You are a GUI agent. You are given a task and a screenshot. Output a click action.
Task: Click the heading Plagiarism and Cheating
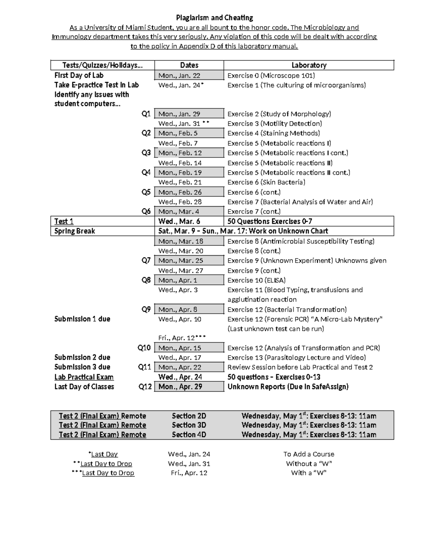[x=214, y=18]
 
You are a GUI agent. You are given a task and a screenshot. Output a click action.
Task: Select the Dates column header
[x=189, y=65]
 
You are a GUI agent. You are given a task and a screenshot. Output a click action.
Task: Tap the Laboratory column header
[x=309, y=65]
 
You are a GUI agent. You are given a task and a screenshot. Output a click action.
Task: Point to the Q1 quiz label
[x=146, y=114]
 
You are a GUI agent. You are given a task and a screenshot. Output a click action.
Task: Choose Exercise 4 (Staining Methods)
[x=273, y=133]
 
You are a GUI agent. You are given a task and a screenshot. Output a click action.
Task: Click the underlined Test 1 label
[x=64, y=221]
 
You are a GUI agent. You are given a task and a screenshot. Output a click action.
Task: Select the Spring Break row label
[x=74, y=231]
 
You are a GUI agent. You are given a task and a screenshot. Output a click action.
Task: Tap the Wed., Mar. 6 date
[x=179, y=221]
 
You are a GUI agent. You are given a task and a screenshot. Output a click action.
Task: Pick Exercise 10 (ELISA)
[x=256, y=280]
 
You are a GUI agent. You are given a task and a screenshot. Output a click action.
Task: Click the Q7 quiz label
[x=146, y=260]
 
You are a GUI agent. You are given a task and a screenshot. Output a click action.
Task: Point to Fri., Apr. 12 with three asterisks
[x=182, y=338]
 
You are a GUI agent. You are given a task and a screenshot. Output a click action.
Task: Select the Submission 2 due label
[x=82, y=357]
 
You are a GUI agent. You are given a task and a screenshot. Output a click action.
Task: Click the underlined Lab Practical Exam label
[x=84, y=377]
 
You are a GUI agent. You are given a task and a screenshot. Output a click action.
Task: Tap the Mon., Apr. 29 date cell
[x=180, y=387]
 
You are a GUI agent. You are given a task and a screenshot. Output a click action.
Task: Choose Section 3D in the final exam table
[x=189, y=425]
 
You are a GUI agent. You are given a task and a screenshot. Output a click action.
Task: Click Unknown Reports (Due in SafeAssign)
[x=288, y=387]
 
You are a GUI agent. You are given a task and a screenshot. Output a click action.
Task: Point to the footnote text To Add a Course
[x=309, y=454]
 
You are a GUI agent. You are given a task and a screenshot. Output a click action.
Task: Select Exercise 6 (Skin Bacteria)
[x=266, y=182]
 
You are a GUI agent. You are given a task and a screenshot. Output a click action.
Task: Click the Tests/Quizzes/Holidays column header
[x=102, y=65]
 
